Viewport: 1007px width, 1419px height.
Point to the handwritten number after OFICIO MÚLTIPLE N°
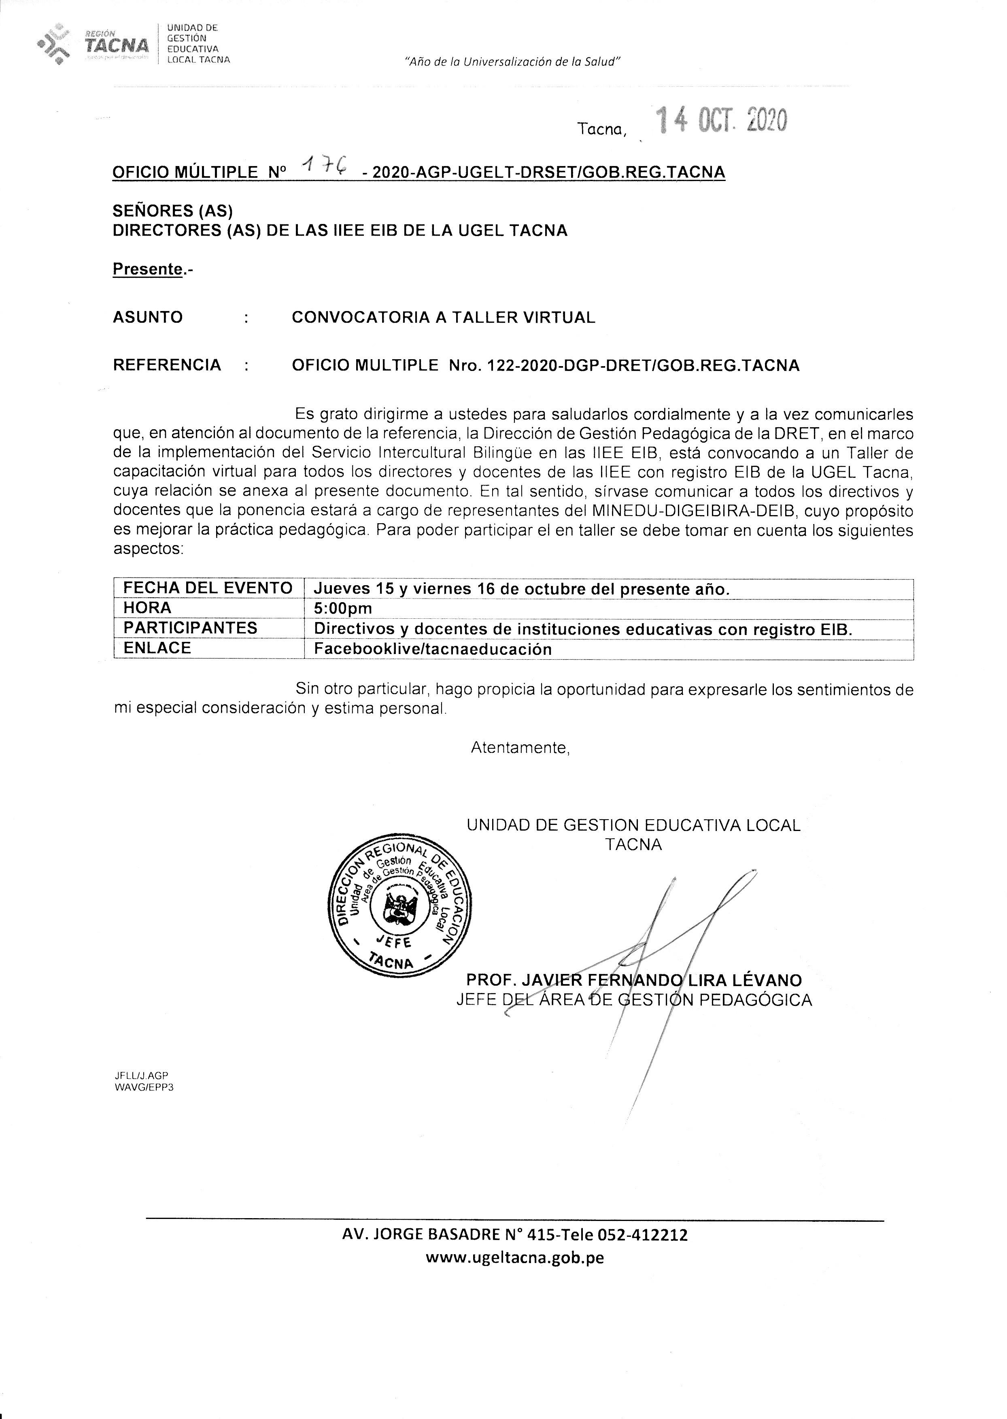click(324, 166)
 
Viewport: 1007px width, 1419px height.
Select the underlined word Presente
click(148, 269)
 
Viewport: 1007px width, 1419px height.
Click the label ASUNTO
click(148, 317)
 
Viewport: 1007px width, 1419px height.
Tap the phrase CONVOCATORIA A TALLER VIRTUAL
click(443, 317)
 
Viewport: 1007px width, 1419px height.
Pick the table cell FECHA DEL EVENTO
click(208, 588)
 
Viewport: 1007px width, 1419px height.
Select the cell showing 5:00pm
click(343, 608)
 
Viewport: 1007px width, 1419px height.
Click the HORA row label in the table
click(148, 607)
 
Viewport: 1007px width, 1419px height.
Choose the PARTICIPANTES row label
click(190, 628)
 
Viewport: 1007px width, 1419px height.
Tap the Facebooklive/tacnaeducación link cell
click(433, 649)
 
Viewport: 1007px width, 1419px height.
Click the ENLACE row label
click(157, 648)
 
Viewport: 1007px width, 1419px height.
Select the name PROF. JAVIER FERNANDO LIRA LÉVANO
click(634, 980)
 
